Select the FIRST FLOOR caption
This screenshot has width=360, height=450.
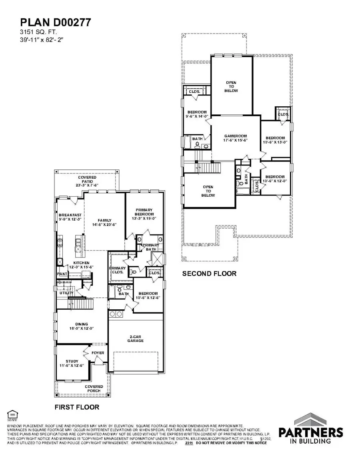pyautogui.click(x=76, y=407)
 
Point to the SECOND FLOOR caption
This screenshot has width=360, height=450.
pyautogui.click(x=209, y=274)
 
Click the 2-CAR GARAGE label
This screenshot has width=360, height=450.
pyautogui.click(x=136, y=338)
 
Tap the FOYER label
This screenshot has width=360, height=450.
pyautogui.click(x=98, y=353)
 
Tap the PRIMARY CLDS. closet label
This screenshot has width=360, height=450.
pyautogui.click(x=118, y=271)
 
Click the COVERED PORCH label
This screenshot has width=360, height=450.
pyautogui.click(x=94, y=389)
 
